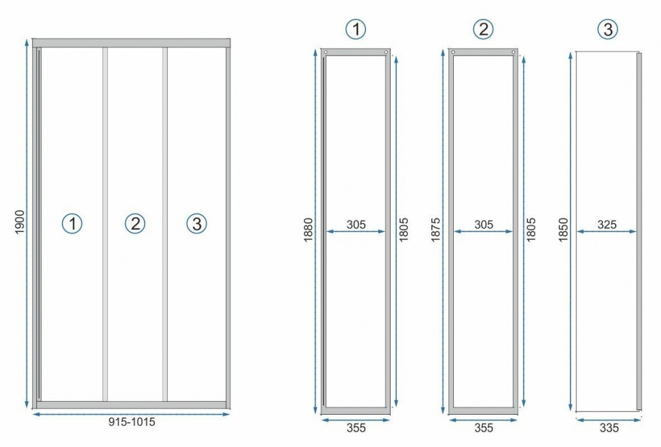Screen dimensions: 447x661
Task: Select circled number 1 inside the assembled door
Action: coord(72,224)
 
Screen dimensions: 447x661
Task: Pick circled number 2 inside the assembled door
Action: coord(134,224)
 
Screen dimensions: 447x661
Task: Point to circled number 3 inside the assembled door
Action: coord(196,224)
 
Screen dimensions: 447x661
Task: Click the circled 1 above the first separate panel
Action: coord(356,29)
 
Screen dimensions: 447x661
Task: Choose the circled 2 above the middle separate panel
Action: coord(483,29)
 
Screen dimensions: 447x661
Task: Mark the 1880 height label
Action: coord(308,230)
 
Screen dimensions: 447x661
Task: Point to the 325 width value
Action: coord(607,225)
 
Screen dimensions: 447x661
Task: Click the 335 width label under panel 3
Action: coord(607,427)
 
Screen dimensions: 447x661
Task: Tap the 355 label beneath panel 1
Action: coord(356,427)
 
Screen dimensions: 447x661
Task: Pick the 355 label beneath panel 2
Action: coord(483,427)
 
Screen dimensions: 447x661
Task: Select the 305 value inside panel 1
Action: coord(356,225)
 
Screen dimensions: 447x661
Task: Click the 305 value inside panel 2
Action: coord(483,225)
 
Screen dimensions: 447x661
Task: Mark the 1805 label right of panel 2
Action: coord(532,230)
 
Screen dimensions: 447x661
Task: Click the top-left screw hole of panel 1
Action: coord(326,52)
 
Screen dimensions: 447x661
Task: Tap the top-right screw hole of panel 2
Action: coord(513,52)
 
